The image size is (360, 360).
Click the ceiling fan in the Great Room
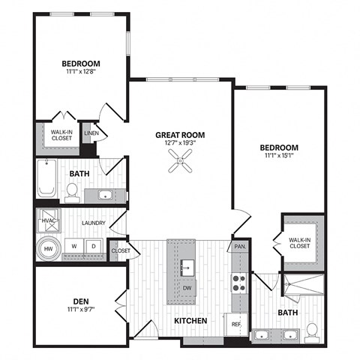(x=180, y=160)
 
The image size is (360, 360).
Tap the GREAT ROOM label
(x=180, y=135)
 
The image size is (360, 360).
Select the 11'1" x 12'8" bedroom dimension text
(x=81, y=73)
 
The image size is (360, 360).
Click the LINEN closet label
(x=91, y=133)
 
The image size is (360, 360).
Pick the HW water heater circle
(x=47, y=248)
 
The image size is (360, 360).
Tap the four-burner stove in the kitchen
(x=239, y=283)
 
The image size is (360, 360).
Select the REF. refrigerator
(x=237, y=325)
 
